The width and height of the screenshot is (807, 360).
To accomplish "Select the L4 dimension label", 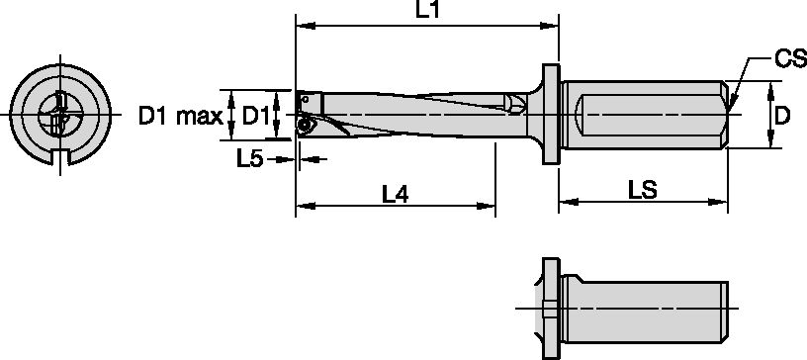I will click(x=396, y=195).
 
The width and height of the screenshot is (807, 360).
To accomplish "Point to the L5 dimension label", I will click(x=249, y=158).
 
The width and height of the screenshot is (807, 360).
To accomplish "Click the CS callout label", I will click(x=788, y=61).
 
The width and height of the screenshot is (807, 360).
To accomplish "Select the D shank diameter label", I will click(x=781, y=117).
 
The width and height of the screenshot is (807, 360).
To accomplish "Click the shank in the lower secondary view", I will click(x=643, y=309).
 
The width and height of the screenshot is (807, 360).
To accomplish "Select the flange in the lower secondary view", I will click(x=549, y=309).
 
